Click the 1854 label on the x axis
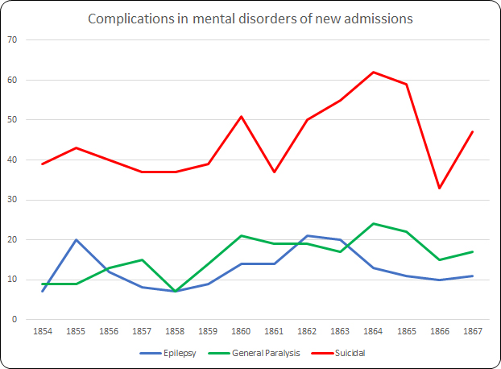[42, 331]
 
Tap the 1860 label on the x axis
[242, 331]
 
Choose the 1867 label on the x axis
[473, 331]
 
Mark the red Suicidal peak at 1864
[374, 73]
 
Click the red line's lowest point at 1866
[440, 188]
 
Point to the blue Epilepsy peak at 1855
[76, 240]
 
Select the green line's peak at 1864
[374, 224]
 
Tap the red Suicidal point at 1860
[242, 116]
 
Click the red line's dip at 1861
[275, 172]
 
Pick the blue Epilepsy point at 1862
[308, 236]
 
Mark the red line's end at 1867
[473, 132]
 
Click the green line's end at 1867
[473, 252]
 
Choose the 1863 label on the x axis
[341, 331]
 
